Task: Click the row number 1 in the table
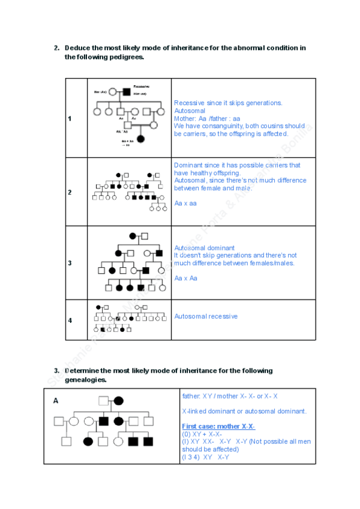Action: pos(70,118)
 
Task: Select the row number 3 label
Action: pos(70,263)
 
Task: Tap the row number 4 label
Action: pos(70,321)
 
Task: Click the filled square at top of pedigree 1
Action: pos(127,92)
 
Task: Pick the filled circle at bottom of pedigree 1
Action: pos(141,139)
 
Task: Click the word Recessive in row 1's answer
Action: pos(190,103)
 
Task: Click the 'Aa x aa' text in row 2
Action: pos(186,203)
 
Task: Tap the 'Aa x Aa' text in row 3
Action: pos(186,279)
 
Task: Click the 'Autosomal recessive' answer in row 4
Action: pos(206,316)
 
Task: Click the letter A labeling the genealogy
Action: pos(56,400)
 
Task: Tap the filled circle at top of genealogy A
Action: pos(119,400)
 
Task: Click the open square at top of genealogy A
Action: pos(104,400)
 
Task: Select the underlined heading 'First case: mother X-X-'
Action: pos(218,426)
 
